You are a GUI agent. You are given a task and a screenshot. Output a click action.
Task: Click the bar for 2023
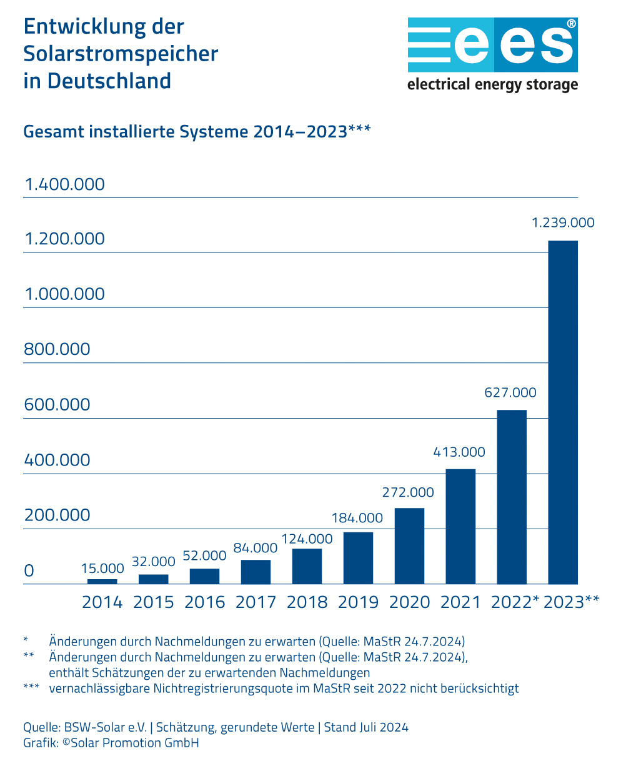(562, 412)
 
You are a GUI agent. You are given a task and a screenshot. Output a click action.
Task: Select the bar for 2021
(460, 526)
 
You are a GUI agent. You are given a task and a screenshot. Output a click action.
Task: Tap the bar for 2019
(358, 558)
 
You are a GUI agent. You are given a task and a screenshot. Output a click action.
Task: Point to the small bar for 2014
(102, 582)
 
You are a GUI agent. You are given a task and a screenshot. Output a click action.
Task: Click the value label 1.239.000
(562, 222)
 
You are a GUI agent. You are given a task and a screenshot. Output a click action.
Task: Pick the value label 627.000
(510, 392)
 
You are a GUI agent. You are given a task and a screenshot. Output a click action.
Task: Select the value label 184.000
(357, 518)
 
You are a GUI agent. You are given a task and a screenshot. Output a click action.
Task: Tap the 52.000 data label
(204, 555)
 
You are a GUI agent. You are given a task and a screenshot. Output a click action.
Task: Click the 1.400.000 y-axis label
(64, 184)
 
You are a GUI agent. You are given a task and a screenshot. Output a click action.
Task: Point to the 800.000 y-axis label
(57, 349)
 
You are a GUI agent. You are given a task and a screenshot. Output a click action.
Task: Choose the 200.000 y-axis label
(57, 515)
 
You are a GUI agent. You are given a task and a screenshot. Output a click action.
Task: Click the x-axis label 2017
(256, 602)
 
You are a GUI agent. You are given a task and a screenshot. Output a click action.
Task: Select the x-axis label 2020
(409, 602)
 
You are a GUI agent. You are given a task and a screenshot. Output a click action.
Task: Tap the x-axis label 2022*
(514, 602)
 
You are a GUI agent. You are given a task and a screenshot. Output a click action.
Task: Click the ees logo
(492, 45)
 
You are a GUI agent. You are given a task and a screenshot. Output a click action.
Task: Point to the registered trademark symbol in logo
(571, 23)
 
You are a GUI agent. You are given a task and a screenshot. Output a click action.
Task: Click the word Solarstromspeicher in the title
(121, 54)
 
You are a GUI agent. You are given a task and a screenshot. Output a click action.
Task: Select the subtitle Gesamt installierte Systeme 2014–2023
(185, 132)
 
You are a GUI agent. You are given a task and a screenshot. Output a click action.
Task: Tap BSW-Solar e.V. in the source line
(105, 727)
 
